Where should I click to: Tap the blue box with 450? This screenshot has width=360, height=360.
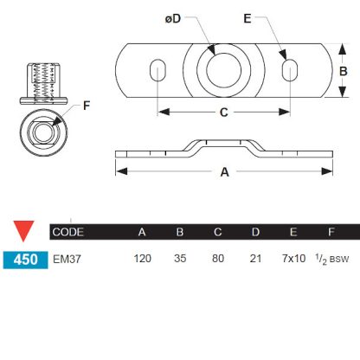click(x=24, y=258)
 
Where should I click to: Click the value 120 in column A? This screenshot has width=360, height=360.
click(x=144, y=258)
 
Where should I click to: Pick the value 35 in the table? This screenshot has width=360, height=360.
click(x=180, y=258)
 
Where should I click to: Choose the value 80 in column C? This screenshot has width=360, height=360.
click(x=217, y=258)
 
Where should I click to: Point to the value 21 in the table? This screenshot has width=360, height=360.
click(x=254, y=258)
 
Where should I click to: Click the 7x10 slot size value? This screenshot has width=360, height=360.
click(x=294, y=258)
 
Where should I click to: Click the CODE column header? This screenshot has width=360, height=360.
click(x=68, y=232)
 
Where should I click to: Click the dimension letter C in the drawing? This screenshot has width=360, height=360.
click(x=224, y=112)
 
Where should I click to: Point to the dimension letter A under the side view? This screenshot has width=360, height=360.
click(x=224, y=172)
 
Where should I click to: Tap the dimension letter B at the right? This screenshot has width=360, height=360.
click(x=343, y=71)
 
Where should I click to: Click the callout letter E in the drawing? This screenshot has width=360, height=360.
click(x=271, y=20)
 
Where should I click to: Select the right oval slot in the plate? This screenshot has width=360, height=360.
click(x=292, y=71)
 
